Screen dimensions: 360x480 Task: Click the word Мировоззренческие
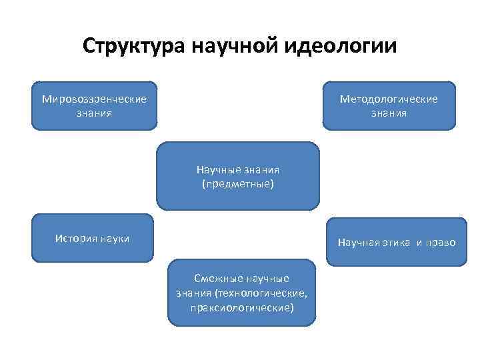(x=94, y=99)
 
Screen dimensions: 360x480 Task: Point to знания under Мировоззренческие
(x=94, y=113)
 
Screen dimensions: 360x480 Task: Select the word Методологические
(x=389, y=99)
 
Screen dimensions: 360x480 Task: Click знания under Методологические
(x=389, y=113)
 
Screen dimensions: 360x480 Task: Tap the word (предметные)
(x=238, y=183)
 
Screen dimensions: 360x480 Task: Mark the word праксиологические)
(x=241, y=308)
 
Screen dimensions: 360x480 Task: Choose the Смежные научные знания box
(x=241, y=293)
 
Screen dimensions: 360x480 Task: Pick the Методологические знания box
(x=389, y=105)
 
